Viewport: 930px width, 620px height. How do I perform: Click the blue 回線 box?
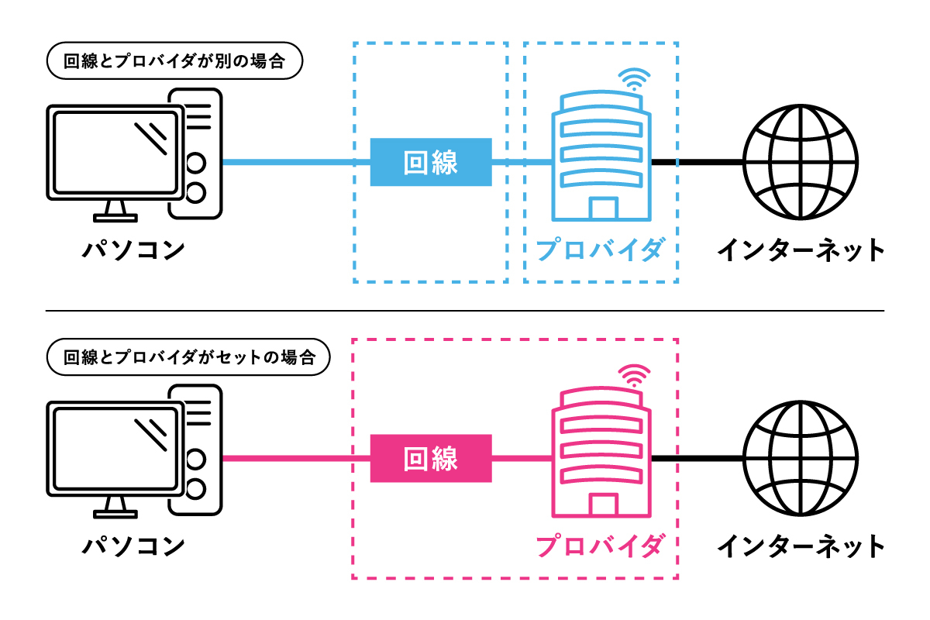[431, 162]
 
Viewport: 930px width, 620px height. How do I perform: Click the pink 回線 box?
[431, 458]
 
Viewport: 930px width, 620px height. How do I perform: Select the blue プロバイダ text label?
[601, 250]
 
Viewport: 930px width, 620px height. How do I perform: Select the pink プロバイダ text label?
[601, 545]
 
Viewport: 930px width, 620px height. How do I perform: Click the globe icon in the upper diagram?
[800, 162]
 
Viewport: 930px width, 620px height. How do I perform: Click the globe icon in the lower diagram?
[800, 458]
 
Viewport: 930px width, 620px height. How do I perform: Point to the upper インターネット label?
[800, 250]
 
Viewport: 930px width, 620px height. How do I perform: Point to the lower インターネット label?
[800, 546]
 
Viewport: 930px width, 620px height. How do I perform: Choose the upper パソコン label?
[134, 250]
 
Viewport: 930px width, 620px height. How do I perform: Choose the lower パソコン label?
[134, 546]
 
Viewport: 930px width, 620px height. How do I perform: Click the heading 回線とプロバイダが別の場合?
[174, 62]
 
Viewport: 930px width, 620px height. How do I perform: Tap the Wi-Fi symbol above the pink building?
[634, 375]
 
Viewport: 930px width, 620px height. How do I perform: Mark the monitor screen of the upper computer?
[116, 153]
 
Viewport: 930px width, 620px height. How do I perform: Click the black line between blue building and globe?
[697, 162]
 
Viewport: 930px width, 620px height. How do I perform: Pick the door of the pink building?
[603, 505]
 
